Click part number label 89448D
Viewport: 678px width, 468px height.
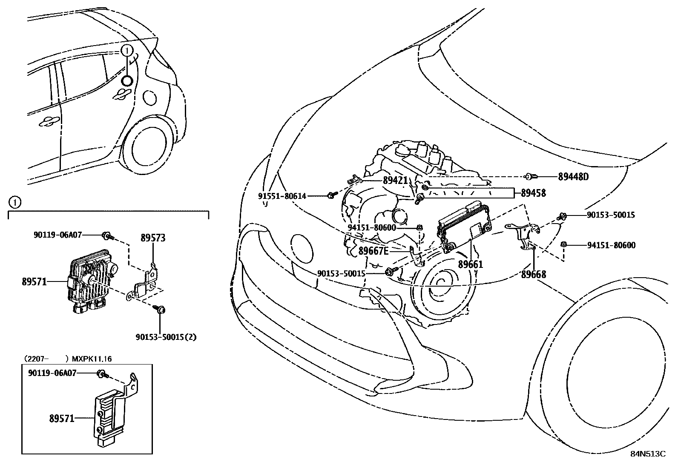(573, 176)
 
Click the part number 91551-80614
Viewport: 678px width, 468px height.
(282, 196)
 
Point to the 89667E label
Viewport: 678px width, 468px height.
(373, 251)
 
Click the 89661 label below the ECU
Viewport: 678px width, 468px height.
(471, 264)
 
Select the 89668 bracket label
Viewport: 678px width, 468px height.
(533, 274)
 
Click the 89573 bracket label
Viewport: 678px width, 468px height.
(153, 238)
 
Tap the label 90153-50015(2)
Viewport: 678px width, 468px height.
(166, 337)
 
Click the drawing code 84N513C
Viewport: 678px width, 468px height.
(647, 454)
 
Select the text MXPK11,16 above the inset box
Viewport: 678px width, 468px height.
(92, 359)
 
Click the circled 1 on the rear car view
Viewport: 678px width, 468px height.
(126, 51)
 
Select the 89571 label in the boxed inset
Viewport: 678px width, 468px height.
(62, 419)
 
